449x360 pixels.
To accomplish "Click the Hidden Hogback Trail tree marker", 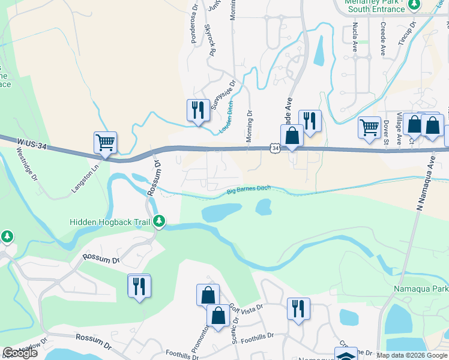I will (x=159, y=221).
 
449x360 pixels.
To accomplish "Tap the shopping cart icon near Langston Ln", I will (x=105, y=143).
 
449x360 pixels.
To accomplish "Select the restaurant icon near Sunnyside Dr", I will (x=197, y=110).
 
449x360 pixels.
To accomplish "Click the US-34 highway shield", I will (x=274, y=148).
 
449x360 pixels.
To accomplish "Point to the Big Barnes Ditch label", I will (x=249, y=190).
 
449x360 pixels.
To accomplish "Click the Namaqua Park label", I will (x=421, y=289).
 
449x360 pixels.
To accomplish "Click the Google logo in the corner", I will (x=20, y=353).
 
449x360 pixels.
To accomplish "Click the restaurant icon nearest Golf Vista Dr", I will (x=298, y=309).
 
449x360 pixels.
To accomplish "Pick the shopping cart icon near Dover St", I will (x=369, y=127).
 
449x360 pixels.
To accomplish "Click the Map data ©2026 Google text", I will (x=411, y=355).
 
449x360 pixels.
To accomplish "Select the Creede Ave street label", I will (x=383, y=37).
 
